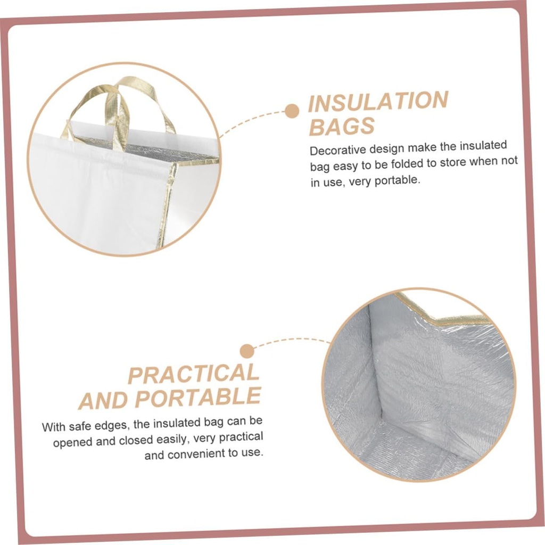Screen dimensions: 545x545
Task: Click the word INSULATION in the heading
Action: coord(378,102)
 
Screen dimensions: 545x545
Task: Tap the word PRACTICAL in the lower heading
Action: coord(193,374)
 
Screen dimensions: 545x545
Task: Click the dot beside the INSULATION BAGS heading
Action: coord(291,111)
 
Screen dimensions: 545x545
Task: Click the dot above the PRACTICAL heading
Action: coord(246,351)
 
